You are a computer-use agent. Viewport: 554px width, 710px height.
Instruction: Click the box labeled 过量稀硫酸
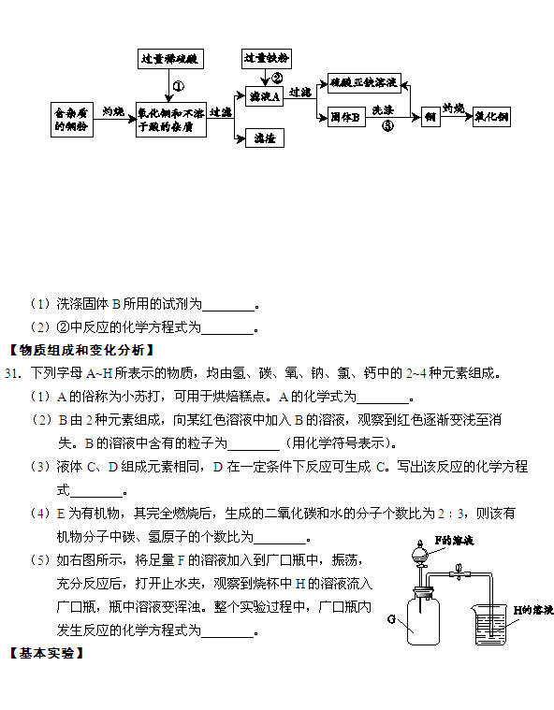tap(170, 59)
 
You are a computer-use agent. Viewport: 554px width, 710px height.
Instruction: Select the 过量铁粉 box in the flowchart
tap(266, 58)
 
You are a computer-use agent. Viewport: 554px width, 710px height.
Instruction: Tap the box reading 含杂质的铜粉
tap(71, 120)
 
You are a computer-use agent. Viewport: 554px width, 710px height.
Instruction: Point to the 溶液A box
tap(264, 96)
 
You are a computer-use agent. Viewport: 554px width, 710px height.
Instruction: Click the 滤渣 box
tap(265, 138)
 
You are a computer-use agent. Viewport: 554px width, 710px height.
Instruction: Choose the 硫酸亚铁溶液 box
tap(364, 83)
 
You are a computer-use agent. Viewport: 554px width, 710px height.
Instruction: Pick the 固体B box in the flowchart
tap(346, 117)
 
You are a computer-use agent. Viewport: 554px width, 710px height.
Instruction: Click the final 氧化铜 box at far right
tap(491, 117)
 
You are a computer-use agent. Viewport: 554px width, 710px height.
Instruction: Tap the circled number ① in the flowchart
tap(179, 86)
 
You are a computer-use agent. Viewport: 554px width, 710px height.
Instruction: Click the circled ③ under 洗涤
tap(387, 126)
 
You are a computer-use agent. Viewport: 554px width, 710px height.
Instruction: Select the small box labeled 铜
tap(430, 117)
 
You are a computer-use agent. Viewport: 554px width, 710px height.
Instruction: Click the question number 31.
tap(13, 373)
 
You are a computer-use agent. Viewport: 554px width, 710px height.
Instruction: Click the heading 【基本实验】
tap(47, 653)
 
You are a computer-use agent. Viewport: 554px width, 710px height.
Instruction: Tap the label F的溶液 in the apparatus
tap(454, 540)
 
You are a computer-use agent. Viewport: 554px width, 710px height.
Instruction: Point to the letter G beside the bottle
tap(392, 618)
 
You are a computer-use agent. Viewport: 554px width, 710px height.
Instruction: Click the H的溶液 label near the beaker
tap(533, 611)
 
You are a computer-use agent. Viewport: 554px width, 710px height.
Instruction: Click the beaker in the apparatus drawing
tap(490, 624)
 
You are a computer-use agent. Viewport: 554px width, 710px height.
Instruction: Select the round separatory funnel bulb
tap(420, 554)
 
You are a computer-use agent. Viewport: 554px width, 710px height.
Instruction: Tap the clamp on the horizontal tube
tap(459, 573)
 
